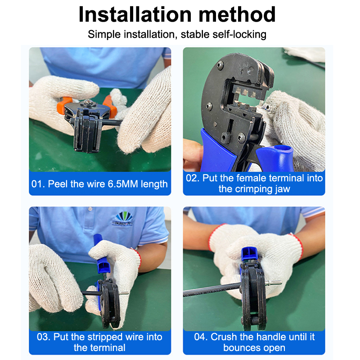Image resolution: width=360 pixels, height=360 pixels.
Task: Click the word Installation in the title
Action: point(135,14)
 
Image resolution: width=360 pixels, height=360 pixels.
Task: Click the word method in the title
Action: point(237,14)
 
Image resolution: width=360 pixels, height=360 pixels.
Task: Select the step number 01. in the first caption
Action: point(38,184)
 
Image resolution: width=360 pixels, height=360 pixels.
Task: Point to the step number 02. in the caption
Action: point(193,178)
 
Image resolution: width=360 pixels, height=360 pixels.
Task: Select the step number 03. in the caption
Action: point(44,337)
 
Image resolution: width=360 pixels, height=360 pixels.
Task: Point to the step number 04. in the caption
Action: point(201,337)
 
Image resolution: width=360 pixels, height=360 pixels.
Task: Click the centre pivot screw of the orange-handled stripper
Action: point(88,103)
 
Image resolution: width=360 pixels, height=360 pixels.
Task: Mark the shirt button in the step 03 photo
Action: point(90,209)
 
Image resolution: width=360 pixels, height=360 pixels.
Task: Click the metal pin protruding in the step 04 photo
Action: point(274,283)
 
